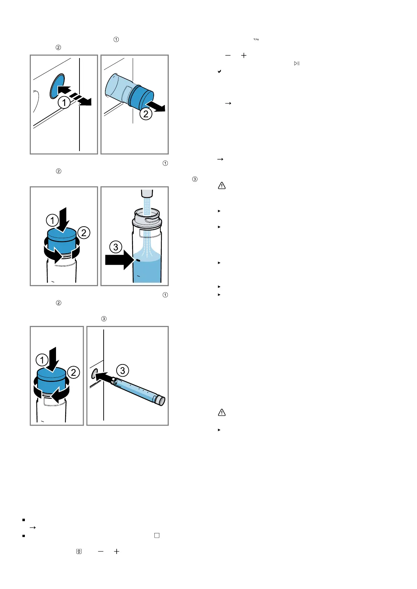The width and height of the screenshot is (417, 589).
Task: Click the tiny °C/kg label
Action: pyautogui.click(x=256, y=40)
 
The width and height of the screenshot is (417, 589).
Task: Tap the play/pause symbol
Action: pyautogui.click(x=297, y=63)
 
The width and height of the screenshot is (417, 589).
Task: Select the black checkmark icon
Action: pyautogui.click(x=219, y=71)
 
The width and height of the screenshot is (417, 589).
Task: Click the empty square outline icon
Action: pyautogui.click(x=157, y=535)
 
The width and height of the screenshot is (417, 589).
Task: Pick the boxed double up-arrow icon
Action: pyautogui.click(x=79, y=551)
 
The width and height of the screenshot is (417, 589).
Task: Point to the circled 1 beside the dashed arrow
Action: pyautogui.click(x=64, y=102)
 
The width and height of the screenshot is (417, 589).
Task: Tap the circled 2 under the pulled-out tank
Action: pyautogui.click(x=146, y=114)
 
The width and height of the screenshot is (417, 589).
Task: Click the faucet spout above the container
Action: pyautogui.click(x=147, y=193)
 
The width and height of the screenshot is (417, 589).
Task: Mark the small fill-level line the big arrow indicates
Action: pyautogui.click(x=138, y=260)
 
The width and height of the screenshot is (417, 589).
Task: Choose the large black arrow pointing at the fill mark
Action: pyautogui.click(x=120, y=260)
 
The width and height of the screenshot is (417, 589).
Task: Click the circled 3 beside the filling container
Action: pyautogui.click(x=116, y=247)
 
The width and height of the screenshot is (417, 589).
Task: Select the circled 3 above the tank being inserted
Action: pyautogui.click(x=123, y=370)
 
